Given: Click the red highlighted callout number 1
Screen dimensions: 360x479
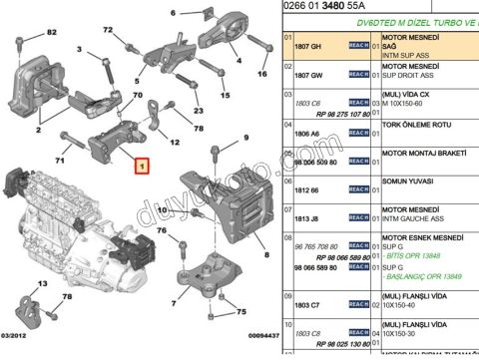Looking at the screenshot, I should pos(142,169).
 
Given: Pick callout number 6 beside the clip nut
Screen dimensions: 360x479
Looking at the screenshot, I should pos(173,12).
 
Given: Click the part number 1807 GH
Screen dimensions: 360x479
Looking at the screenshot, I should pos(305,46).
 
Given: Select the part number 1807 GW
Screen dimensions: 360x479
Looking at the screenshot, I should pos(305,73).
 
